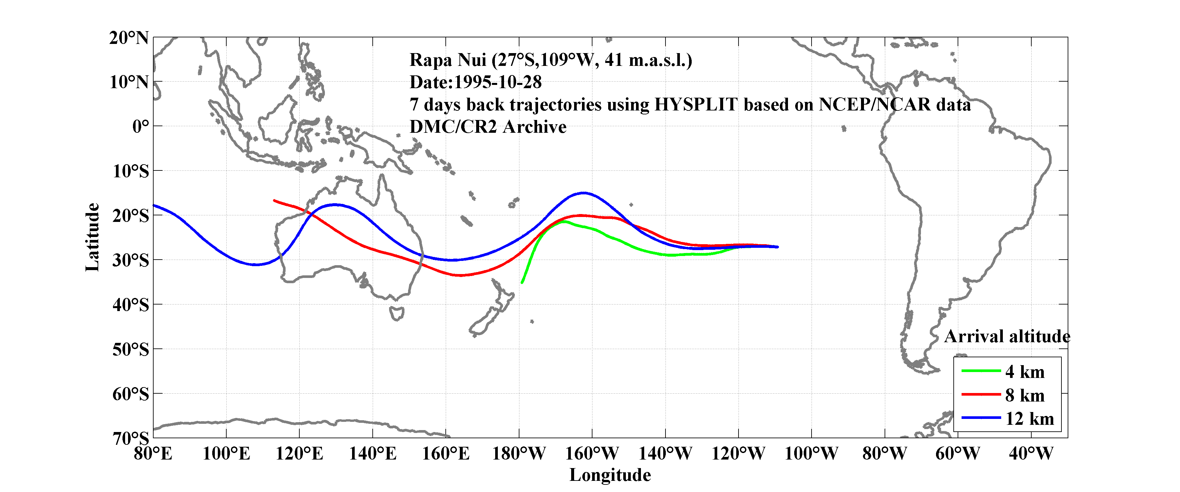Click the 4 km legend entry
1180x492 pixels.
pyautogui.click(x=1025, y=372)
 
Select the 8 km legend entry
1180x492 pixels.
pyautogui.click(x=1025, y=395)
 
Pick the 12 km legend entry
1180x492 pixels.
pyautogui.click(x=1029, y=419)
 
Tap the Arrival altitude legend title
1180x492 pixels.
pyautogui.click(x=1007, y=337)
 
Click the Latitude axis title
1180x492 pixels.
pyautogui.click(x=92, y=237)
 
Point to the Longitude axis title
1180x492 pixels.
pyautogui.click(x=610, y=475)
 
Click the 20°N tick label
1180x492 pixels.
pyautogui.click(x=129, y=38)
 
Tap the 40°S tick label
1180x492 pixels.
pyautogui.click(x=131, y=305)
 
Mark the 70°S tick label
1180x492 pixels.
pyautogui.click(x=131, y=438)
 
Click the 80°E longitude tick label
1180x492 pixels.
pyautogui.click(x=153, y=454)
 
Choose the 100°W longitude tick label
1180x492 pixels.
pyautogui.click(x=811, y=454)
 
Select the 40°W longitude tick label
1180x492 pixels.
pyautogui.click(x=1031, y=454)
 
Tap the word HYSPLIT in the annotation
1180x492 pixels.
pyautogui.click(x=695, y=105)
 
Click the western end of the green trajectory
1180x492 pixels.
pyautogui.click(x=522, y=283)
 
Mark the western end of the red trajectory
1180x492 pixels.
pyautogui.click(x=274, y=200)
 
